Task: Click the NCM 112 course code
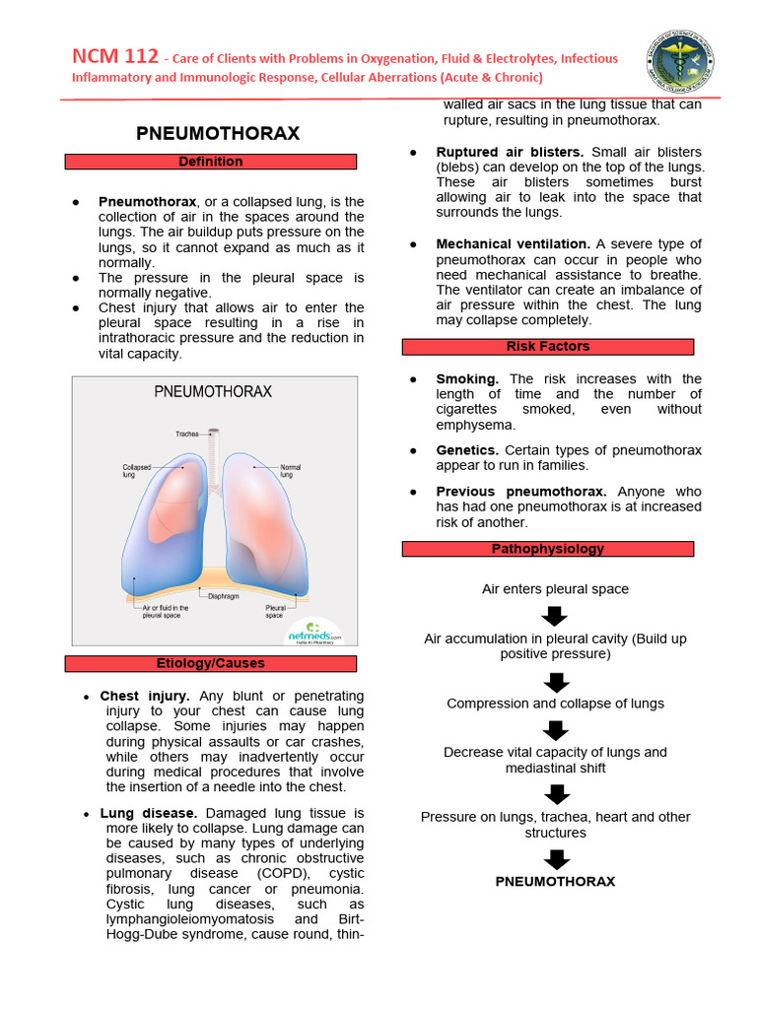pos(115,57)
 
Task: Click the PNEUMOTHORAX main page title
pos(217,133)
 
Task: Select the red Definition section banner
pos(211,162)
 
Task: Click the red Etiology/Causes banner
pos(211,663)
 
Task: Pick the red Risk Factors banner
pos(548,347)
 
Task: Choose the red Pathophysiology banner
pos(548,549)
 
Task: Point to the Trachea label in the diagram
pos(187,434)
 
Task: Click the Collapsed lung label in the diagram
pos(137,471)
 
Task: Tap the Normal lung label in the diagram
pos(291,470)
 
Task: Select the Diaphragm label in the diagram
pos(224,596)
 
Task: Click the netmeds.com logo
pos(314,634)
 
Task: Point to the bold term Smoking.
pos(467,378)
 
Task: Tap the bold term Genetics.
pos(467,450)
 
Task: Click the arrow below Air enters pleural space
pos(556,616)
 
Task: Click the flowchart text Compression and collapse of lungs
pos(556,704)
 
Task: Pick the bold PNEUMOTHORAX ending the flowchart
pos(555,881)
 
